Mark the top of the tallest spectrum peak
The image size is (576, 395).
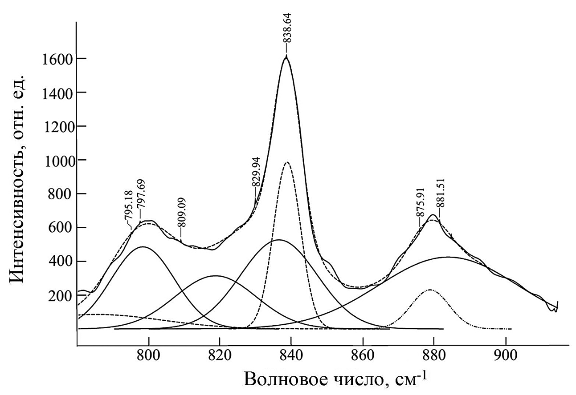(286, 56)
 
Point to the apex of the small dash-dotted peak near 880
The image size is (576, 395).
(430, 290)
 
